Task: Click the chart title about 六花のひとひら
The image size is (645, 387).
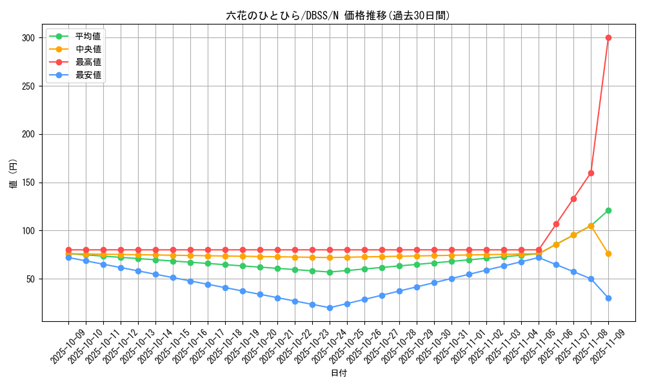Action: (338, 15)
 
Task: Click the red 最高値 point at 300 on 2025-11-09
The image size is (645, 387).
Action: (608, 37)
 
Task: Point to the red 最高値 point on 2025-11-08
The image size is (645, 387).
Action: (591, 173)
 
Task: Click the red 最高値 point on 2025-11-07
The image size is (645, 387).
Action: (573, 199)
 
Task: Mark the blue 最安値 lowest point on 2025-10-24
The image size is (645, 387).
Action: (330, 308)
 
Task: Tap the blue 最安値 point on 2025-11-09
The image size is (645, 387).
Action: (608, 298)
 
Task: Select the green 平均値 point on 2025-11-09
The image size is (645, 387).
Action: (608, 210)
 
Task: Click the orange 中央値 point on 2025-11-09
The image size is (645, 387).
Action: (608, 253)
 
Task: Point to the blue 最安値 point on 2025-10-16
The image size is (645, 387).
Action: (190, 281)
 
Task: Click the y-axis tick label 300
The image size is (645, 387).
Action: (27, 38)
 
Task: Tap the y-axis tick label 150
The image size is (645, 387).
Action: (27, 183)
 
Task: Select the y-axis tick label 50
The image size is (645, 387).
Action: (29, 279)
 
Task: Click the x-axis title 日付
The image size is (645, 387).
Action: (338, 373)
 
